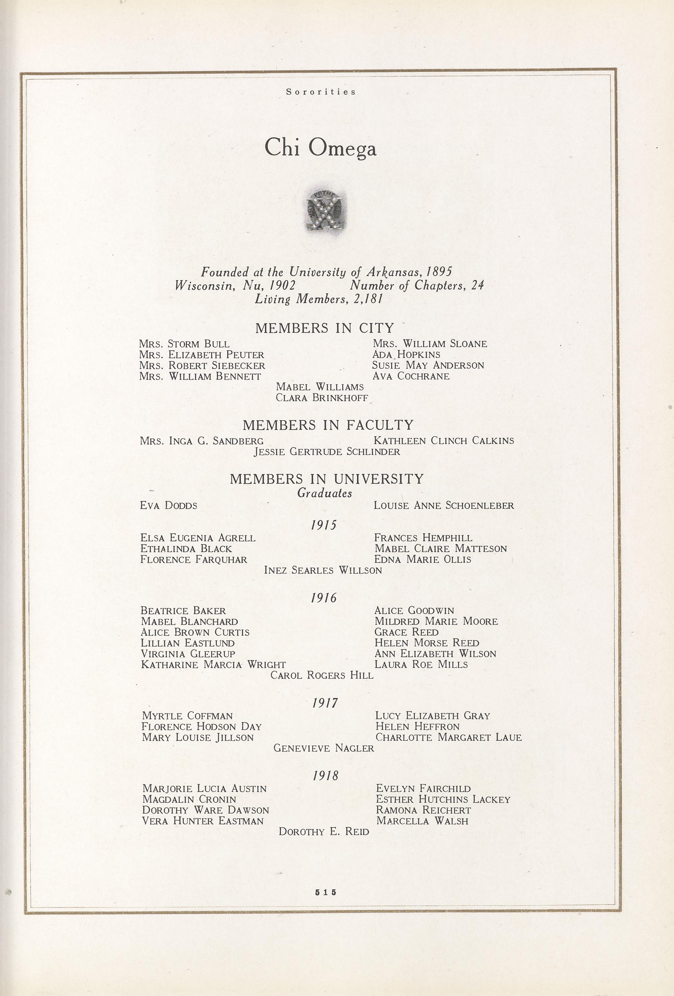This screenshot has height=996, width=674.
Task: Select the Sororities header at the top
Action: click(321, 92)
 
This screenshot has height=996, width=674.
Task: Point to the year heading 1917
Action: click(325, 703)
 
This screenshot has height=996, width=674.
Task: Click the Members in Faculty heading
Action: click(328, 425)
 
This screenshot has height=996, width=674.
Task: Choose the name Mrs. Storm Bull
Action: click(184, 344)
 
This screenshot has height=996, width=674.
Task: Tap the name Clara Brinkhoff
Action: click(322, 398)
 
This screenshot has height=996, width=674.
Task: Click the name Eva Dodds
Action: click(168, 506)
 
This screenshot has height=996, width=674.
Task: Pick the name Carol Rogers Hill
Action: click(322, 675)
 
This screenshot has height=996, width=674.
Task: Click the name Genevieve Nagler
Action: click(323, 748)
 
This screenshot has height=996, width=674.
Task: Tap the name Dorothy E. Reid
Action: click(323, 832)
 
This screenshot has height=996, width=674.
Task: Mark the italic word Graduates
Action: click(324, 493)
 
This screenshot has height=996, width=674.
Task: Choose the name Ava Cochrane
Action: click(411, 376)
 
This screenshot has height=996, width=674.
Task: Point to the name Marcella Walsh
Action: click(422, 821)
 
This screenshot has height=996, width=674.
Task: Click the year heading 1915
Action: click(324, 525)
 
